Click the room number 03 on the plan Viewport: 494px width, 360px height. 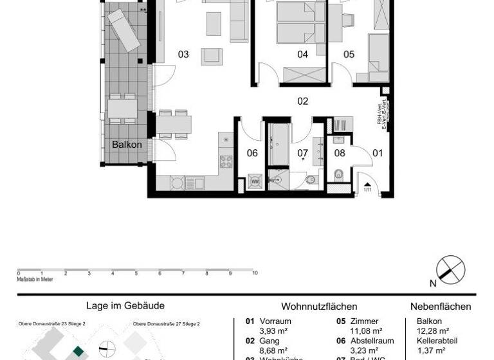click(x=183, y=55)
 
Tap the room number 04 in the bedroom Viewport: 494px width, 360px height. click(x=302, y=55)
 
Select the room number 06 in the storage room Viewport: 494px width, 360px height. click(x=252, y=153)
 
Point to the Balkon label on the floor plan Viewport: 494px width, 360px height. click(x=127, y=145)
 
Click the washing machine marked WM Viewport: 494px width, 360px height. click(x=255, y=182)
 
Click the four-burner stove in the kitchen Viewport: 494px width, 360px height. click(x=226, y=161)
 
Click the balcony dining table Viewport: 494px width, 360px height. click(x=122, y=108)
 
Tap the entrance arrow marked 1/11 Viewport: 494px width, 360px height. click(x=369, y=187)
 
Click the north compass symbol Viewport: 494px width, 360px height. click(x=450, y=269)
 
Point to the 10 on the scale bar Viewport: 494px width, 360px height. click(x=255, y=274)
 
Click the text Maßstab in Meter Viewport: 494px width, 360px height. click(x=35, y=280)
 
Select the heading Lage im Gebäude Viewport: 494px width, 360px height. click(x=125, y=307)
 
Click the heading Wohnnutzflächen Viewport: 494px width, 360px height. click(x=319, y=307)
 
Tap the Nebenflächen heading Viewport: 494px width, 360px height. click(x=441, y=307)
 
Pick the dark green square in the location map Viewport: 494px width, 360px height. click(x=78, y=351)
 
